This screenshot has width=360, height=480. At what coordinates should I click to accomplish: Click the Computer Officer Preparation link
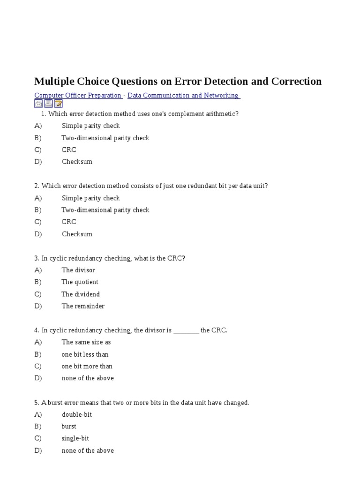[78, 96]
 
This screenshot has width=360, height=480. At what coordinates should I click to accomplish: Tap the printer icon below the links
[48, 104]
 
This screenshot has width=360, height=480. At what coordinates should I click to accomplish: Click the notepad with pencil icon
[58, 104]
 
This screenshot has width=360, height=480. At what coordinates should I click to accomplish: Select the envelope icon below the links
[38, 104]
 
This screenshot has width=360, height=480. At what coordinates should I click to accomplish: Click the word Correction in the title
[293, 82]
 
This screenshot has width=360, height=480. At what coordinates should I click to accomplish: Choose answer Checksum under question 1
[77, 162]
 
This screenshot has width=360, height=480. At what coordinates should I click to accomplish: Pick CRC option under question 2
[68, 222]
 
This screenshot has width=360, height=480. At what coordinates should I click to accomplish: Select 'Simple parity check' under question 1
[90, 126]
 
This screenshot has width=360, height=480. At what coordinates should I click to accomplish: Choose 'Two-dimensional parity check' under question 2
[105, 210]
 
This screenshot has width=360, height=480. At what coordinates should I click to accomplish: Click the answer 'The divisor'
[78, 270]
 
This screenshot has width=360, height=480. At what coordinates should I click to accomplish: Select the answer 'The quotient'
[80, 282]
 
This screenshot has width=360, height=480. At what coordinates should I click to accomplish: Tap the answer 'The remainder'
[83, 306]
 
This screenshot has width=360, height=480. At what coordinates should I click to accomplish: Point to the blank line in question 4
[186, 331]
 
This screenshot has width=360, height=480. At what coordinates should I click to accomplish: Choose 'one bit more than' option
[87, 366]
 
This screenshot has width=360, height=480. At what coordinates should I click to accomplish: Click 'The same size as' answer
[86, 342]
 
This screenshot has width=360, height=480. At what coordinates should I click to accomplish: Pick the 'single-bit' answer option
[75, 438]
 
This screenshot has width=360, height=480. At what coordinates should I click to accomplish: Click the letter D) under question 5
[38, 450]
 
